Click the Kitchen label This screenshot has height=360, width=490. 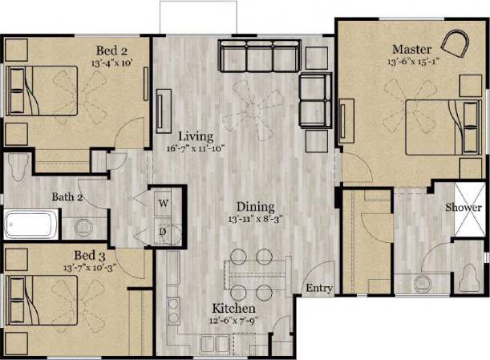tap(233, 309)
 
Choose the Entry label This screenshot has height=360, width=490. tap(318, 289)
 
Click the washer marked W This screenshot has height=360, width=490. tap(163, 203)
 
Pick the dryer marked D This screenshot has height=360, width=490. tap(163, 231)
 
